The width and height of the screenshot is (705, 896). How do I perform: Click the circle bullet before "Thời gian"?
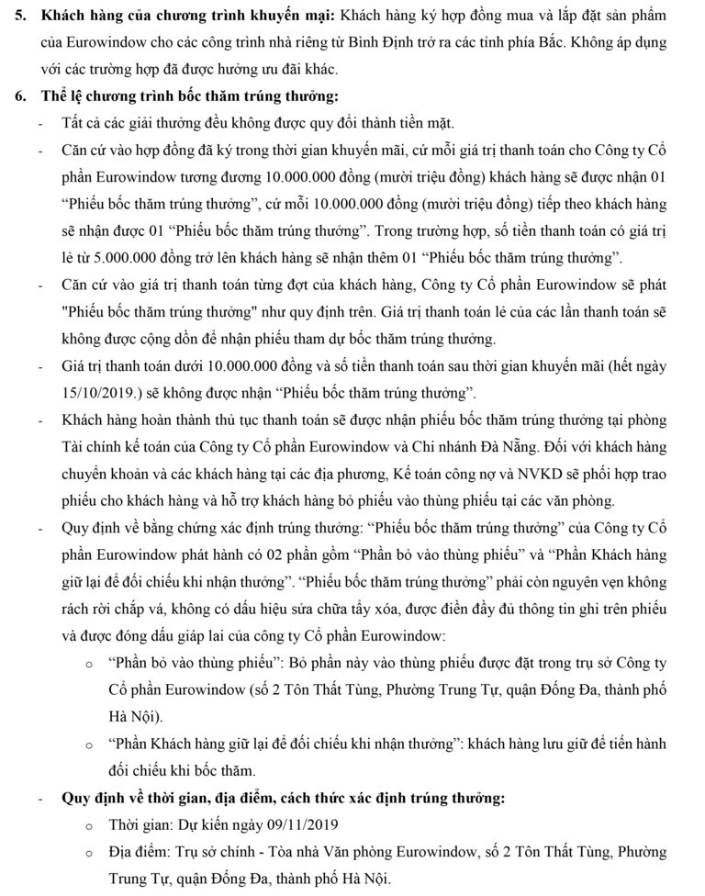(88, 825)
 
